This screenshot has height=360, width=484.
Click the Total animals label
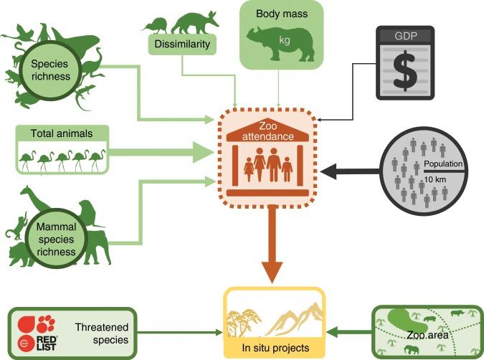[x=62, y=133]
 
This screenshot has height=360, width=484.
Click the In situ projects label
[x=275, y=348]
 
